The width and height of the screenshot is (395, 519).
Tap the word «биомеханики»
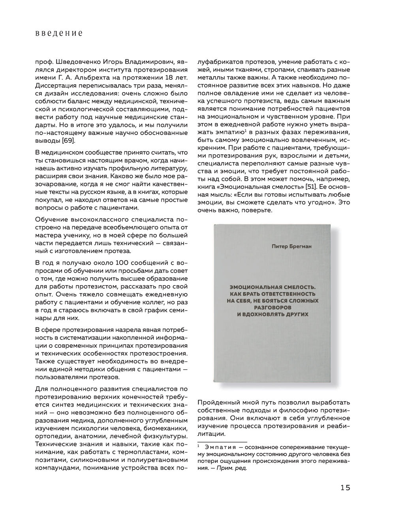click(166, 429)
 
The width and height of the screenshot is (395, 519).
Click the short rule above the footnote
click(222, 442)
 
